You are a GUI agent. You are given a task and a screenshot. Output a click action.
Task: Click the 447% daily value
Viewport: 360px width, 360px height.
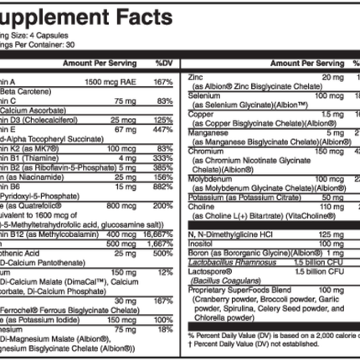pos(164,131)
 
